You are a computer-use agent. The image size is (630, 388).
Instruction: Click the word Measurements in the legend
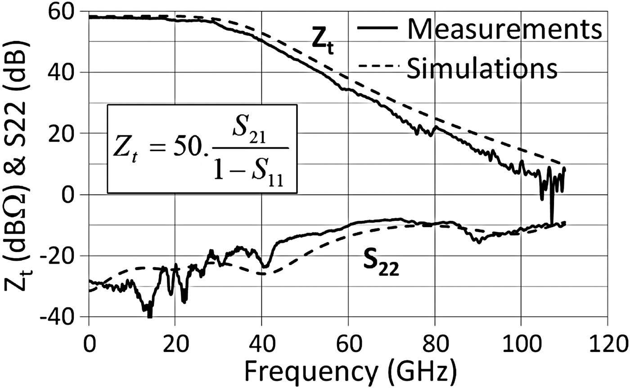coord(504,31)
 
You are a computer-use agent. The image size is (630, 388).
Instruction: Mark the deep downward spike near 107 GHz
coord(552,221)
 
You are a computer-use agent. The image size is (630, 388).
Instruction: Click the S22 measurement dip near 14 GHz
coord(149,313)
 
